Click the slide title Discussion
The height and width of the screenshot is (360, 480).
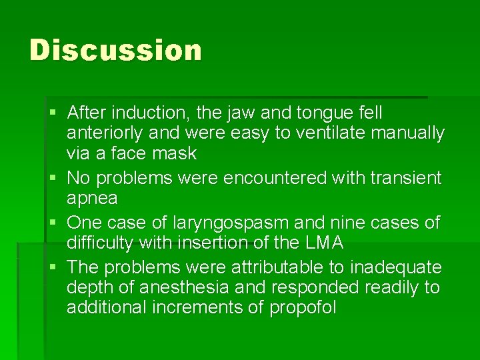click(x=115, y=51)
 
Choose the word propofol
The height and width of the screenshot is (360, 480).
click(x=303, y=308)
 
